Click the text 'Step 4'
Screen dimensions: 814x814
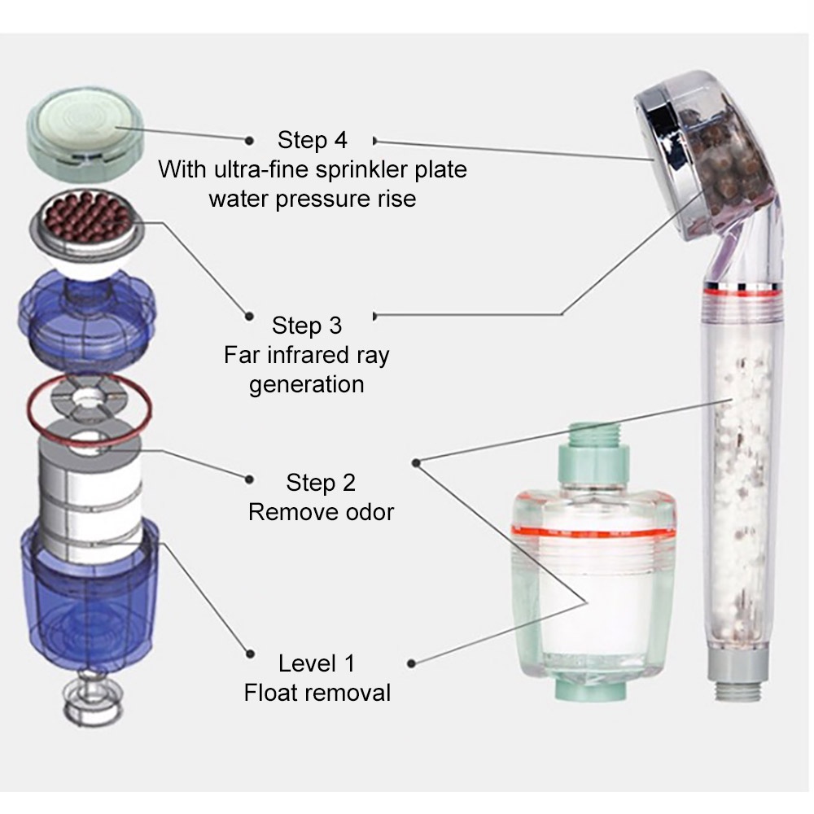tap(312, 140)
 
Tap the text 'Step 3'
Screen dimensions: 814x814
tap(307, 326)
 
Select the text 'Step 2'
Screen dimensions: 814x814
tap(321, 483)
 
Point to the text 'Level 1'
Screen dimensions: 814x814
tap(317, 663)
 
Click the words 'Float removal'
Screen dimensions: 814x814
tap(317, 693)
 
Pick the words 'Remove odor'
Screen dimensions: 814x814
tap(321, 513)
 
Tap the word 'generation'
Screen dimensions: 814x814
tap(307, 383)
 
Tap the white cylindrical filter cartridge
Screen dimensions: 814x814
tap(90, 497)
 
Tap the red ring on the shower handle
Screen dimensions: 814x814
tap(742, 291)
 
